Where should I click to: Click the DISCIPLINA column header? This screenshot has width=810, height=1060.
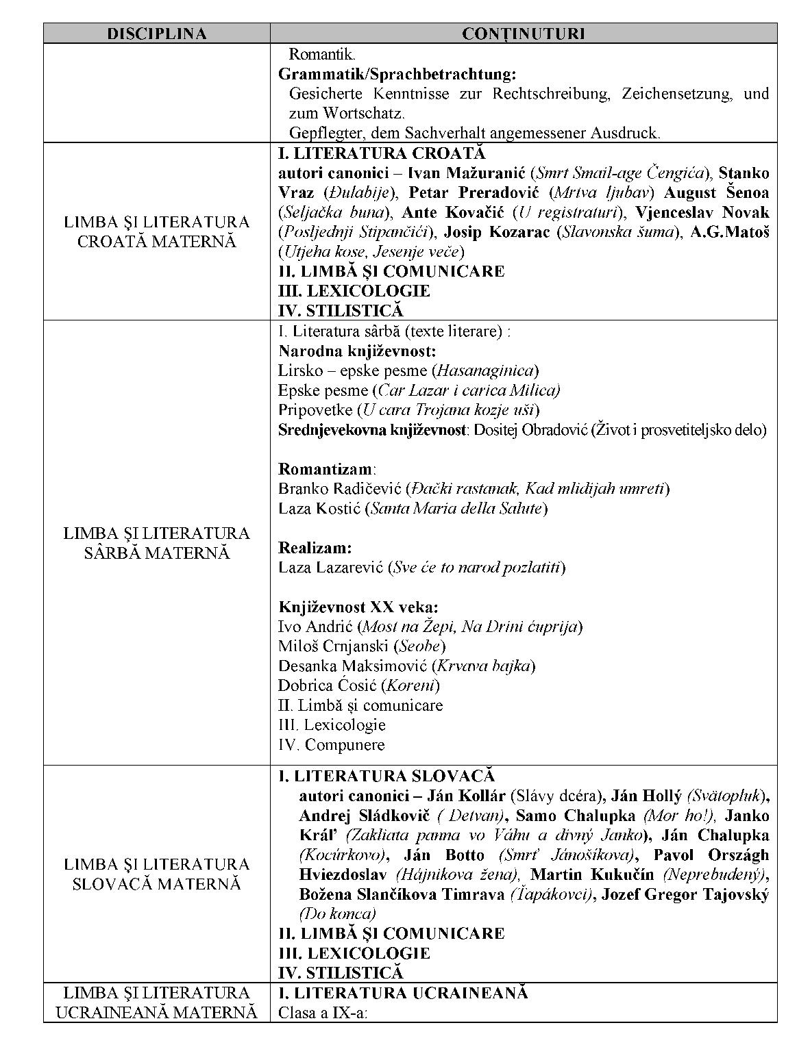[156, 34]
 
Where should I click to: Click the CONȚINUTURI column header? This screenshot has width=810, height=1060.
[524, 34]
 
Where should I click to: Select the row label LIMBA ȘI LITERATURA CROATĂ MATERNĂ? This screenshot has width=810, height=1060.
[156, 231]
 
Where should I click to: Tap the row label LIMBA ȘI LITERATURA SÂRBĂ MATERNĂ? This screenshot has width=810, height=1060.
[156, 542]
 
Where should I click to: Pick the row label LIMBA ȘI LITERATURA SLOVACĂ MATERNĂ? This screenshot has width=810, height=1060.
[156, 874]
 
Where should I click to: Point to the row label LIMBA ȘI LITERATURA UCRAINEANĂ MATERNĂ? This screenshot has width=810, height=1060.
[156, 1002]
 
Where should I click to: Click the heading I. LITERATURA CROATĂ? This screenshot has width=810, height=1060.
[382, 153]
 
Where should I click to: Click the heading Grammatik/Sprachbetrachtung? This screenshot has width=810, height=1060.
[397, 73]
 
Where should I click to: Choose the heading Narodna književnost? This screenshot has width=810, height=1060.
[357, 351]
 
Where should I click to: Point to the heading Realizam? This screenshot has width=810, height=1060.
[315, 548]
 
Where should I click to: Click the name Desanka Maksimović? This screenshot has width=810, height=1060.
[352, 666]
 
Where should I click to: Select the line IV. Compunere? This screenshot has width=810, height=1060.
[332, 744]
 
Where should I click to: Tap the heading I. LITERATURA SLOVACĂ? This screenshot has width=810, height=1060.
[386, 776]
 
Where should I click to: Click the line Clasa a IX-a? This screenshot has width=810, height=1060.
[323, 1012]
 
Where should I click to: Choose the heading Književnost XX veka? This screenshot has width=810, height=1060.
[358, 607]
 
